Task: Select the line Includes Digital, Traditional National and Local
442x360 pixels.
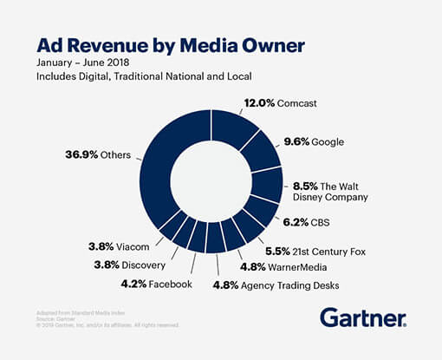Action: (144, 78)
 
